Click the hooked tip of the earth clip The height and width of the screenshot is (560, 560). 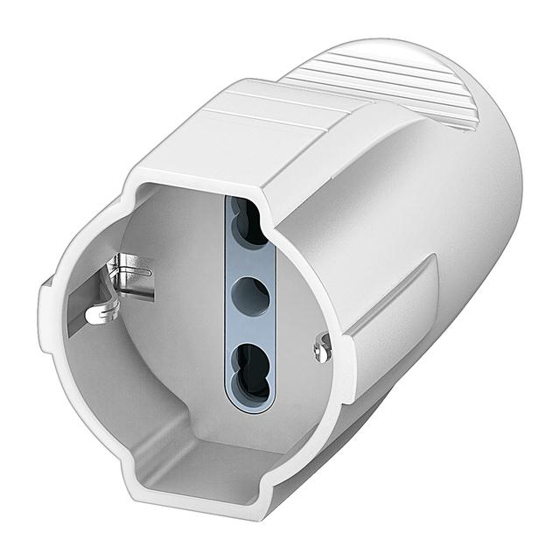coord(97,312)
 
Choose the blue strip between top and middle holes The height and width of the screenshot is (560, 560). coord(252,261)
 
